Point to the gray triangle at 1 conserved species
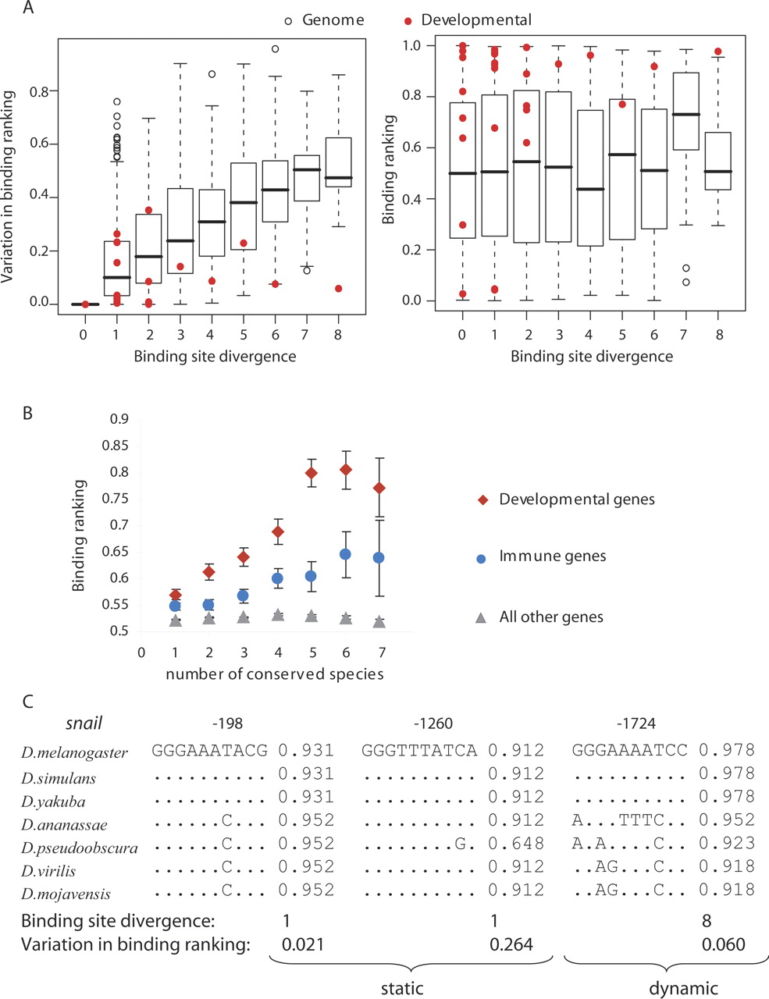pyautogui.click(x=176, y=620)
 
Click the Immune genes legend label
pyautogui.click(x=553, y=557)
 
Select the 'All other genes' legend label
pyautogui.click(x=551, y=617)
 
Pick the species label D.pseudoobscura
pyautogui.click(x=79, y=848)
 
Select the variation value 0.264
pyautogui.click(x=511, y=945)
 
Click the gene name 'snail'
pyautogui.click(x=84, y=723)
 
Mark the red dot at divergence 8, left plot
pyautogui.click(x=339, y=289)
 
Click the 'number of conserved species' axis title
pyautogui.click(x=275, y=674)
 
